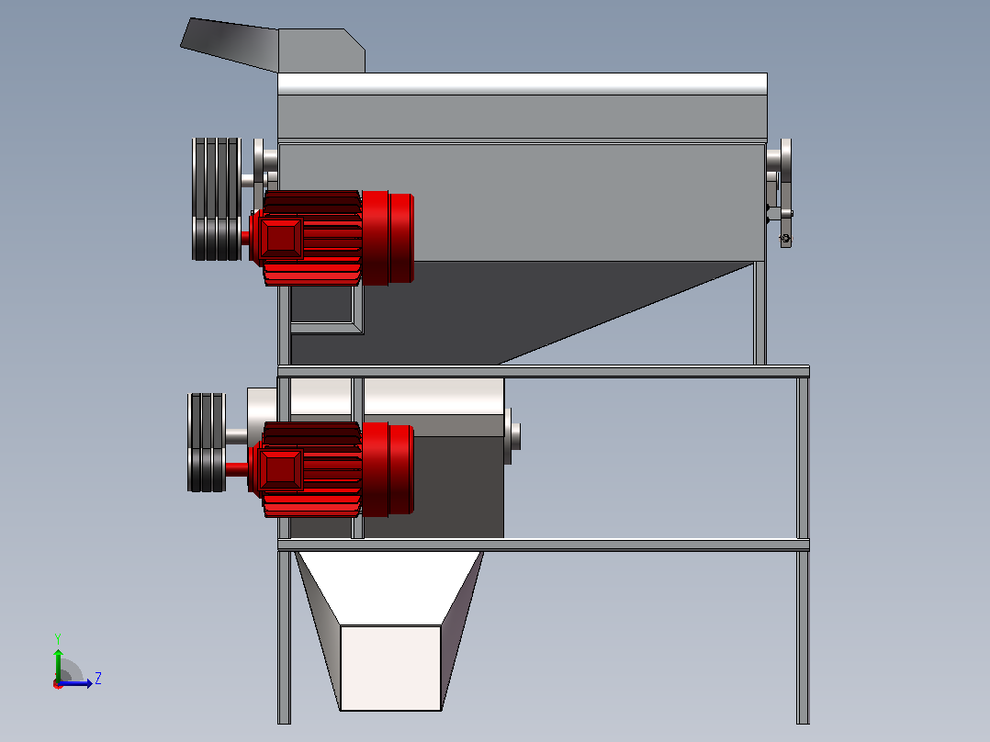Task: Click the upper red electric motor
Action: pos(332,238)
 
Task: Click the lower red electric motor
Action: pos(332,469)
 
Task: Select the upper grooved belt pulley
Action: pos(217,199)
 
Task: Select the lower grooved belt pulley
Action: pos(207,442)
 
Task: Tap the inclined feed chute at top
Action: pos(230,43)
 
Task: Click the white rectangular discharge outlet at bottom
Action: pos(391,668)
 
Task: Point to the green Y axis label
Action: pos(58,638)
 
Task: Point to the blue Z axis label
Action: pos(98,679)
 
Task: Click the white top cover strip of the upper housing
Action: pos(523,84)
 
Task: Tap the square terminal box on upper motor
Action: pos(282,238)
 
